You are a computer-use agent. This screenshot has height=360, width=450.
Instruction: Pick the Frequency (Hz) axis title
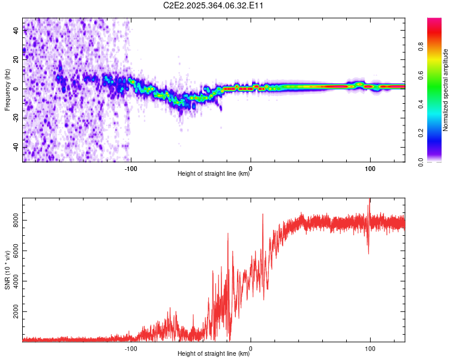coord(7,90)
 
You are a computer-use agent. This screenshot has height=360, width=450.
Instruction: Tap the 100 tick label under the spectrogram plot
coord(370,168)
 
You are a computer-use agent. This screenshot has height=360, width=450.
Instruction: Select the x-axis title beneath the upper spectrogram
coord(214,175)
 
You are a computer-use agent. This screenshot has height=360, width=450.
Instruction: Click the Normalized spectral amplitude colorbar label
coord(445,90)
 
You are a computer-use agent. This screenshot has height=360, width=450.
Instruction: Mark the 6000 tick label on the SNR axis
coord(13,251)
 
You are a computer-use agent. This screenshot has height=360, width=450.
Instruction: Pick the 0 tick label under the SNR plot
coord(251,347)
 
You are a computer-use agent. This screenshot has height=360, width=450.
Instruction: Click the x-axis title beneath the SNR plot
coord(214,354)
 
